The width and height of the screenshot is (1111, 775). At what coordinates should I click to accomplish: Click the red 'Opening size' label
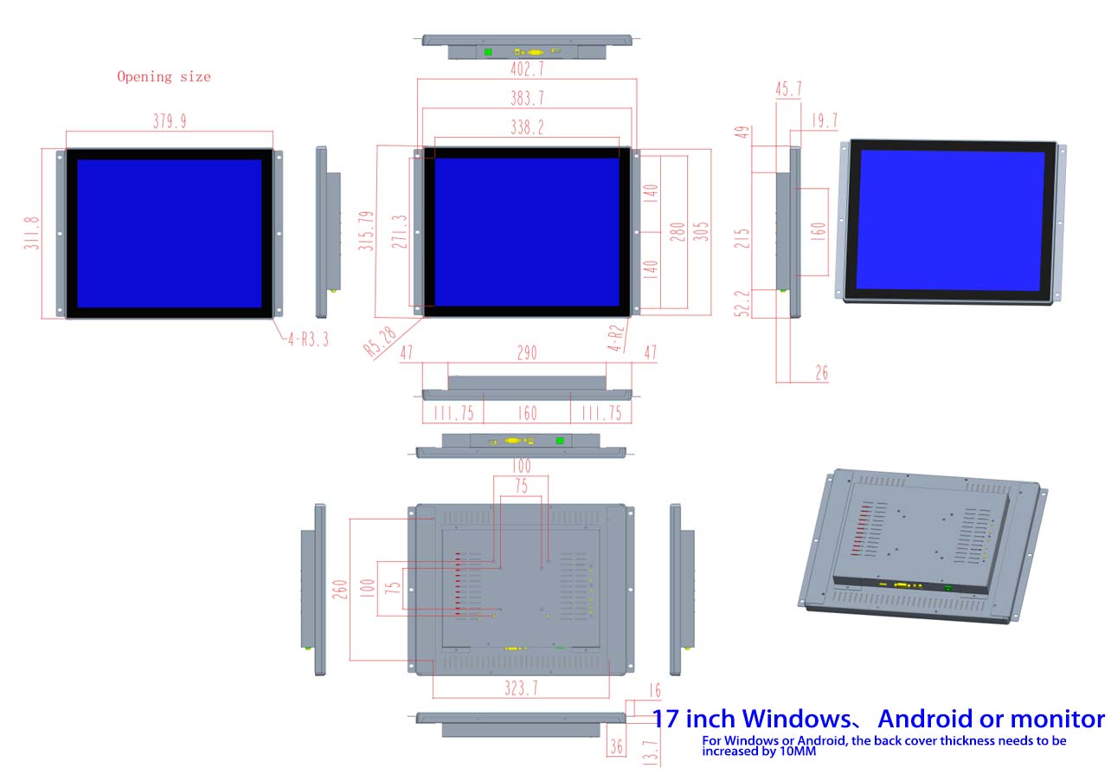pyautogui.click(x=164, y=77)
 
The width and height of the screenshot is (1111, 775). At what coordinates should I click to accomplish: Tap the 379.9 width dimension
pyautogui.click(x=170, y=121)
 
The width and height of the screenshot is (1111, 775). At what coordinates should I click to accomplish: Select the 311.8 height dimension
pyautogui.click(x=31, y=233)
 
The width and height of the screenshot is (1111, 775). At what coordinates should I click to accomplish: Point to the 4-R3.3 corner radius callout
pyautogui.click(x=309, y=339)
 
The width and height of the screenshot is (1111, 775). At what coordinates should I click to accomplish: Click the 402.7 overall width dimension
pyautogui.click(x=527, y=68)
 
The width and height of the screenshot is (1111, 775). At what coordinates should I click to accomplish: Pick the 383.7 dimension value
pyautogui.click(x=527, y=98)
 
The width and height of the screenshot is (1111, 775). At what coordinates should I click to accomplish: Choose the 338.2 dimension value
pyautogui.click(x=527, y=127)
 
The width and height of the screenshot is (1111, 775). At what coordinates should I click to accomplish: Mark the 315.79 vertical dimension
pyautogui.click(x=366, y=230)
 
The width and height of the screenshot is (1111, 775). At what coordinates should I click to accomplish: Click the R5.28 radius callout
pyautogui.click(x=380, y=341)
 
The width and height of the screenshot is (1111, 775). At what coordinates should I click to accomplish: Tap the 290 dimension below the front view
pyautogui.click(x=527, y=353)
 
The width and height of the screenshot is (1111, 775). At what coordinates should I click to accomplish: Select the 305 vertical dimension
pyautogui.click(x=701, y=232)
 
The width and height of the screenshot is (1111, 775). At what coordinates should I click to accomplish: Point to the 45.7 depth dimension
pyautogui.click(x=788, y=89)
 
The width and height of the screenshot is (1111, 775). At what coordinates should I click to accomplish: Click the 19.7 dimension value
pyautogui.click(x=825, y=120)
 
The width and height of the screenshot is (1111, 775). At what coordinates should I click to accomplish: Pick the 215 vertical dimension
pyautogui.click(x=742, y=238)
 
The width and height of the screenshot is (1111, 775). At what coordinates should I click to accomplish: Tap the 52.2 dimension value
pyautogui.click(x=742, y=303)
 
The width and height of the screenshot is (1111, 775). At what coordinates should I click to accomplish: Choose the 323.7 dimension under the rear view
pyautogui.click(x=521, y=688)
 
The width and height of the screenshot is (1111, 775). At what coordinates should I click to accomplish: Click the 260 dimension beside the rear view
pyautogui.click(x=340, y=590)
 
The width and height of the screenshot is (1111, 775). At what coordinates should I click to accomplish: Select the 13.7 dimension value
pyautogui.click(x=651, y=753)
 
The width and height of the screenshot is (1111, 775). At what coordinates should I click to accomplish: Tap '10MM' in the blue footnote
pyautogui.click(x=798, y=751)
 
